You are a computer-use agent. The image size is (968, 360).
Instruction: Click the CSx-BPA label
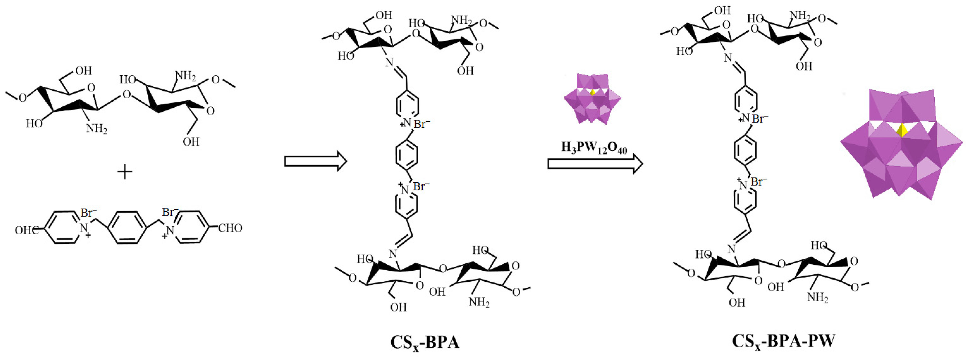(x=425, y=343)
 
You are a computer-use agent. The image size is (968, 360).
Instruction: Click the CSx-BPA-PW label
(x=783, y=341)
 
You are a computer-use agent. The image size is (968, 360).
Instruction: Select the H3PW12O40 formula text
(x=594, y=147)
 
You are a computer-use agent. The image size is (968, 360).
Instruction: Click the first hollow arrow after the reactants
(x=315, y=161)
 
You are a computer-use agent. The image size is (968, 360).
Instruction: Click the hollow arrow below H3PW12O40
(x=595, y=164)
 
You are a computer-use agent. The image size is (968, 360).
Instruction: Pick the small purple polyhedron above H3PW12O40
(x=592, y=99)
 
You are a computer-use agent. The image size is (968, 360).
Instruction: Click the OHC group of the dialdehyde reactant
(x=26, y=230)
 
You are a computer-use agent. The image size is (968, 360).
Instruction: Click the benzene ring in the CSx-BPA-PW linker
(x=745, y=151)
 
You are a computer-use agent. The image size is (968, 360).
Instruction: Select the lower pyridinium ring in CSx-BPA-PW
(x=745, y=203)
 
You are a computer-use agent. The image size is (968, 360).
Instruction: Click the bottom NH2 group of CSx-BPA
(x=479, y=302)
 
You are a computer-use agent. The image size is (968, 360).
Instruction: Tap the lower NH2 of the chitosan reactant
(x=97, y=129)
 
